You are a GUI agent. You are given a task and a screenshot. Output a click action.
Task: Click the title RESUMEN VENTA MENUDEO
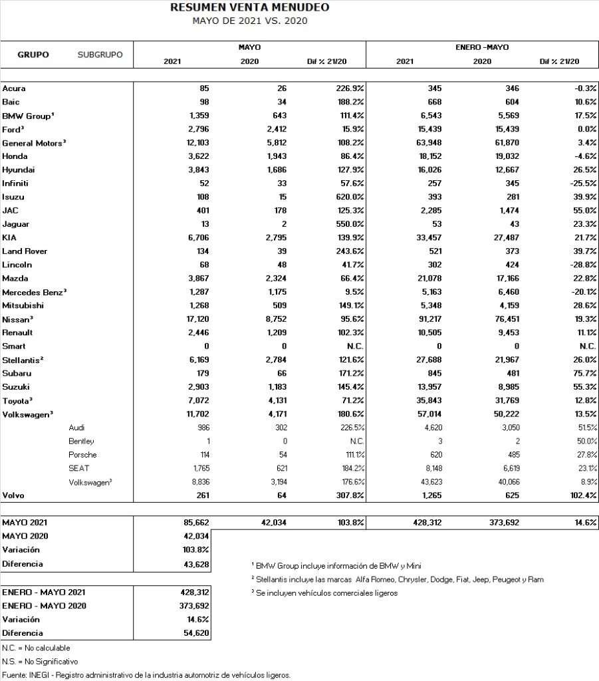click(x=249, y=7)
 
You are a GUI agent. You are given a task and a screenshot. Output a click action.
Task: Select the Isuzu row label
click(x=14, y=197)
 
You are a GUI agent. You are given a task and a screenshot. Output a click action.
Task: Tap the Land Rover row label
click(x=25, y=251)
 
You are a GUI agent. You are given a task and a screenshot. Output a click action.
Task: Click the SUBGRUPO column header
click(x=100, y=55)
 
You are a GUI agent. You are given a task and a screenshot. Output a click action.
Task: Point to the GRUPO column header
click(x=33, y=55)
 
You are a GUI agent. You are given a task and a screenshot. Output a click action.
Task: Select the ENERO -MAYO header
click(x=482, y=48)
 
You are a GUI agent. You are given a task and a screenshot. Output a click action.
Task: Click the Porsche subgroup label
click(x=82, y=455)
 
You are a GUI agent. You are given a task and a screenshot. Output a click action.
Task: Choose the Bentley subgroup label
click(x=81, y=442)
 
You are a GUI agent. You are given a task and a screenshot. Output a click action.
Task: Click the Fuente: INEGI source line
click(x=146, y=675)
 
